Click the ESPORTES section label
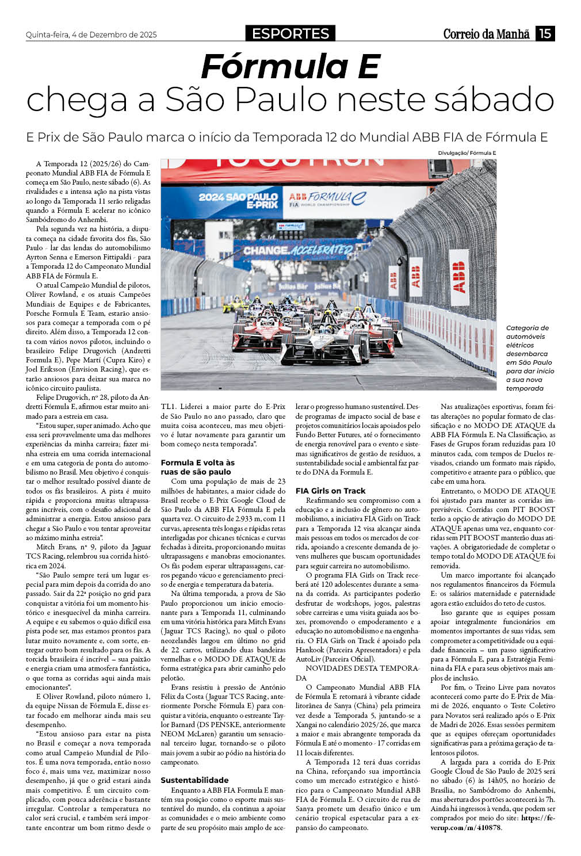click(x=290, y=33)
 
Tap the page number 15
click(x=545, y=33)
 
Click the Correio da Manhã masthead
click(x=486, y=34)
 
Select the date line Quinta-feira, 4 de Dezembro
click(x=91, y=35)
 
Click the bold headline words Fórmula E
click(x=290, y=66)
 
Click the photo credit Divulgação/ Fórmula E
click(x=467, y=153)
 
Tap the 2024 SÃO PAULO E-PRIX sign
click(x=238, y=200)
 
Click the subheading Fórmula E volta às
click(x=197, y=463)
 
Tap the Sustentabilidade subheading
click(x=194, y=780)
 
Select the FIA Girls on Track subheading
click(x=330, y=491)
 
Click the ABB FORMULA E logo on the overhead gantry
click(x=327, y=199)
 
